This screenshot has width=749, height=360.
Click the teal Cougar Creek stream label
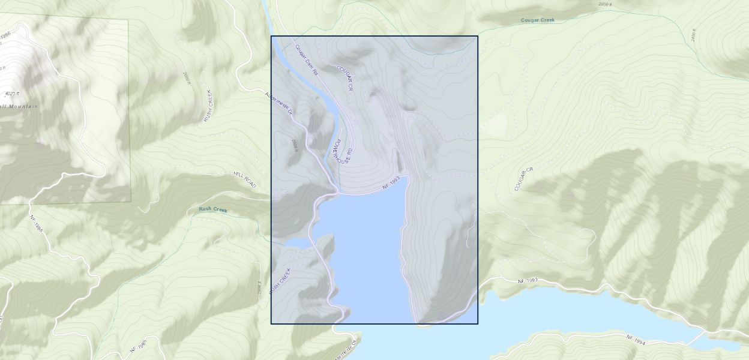click(537, 20)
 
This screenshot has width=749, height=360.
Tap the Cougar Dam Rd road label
click(306, 59)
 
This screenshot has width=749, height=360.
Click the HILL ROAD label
click(245, 179)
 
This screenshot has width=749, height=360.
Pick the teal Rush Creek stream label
click(213, 209)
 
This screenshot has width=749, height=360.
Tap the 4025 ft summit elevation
click(12, 94)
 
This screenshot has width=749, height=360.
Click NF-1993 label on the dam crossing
click(391, 184)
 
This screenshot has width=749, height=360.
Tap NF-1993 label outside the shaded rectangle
click(529, 281)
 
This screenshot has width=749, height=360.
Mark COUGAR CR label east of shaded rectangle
click(523, 179)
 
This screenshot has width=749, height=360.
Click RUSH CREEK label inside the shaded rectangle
click(280, 280)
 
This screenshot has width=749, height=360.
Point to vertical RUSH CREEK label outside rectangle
click(209, 106)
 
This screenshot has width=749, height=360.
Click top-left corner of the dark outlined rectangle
click(271, 36)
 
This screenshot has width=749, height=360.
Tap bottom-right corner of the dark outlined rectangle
click(478, 324)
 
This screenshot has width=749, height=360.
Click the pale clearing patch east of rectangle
click(493, 125)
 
